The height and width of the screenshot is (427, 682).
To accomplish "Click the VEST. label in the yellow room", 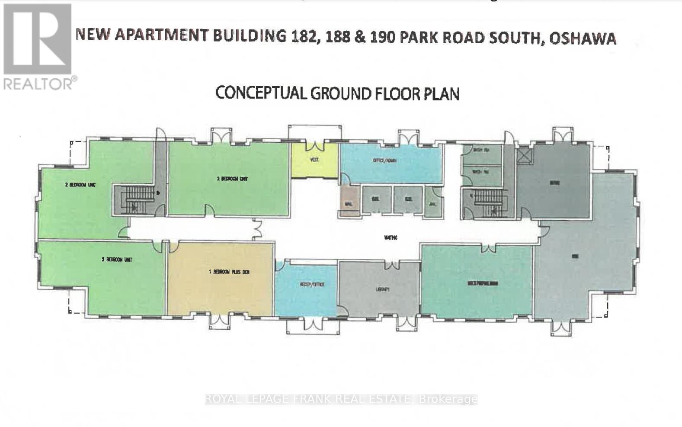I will point(314,160).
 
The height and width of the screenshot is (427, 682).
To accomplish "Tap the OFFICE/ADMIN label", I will point(384,161).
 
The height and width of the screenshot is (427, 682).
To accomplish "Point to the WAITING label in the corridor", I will point(391,238).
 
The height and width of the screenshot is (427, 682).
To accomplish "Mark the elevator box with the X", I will point(525,155).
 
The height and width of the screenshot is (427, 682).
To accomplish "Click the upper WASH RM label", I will point(480,150).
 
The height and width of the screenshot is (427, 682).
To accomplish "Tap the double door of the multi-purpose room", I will point(489,248).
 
